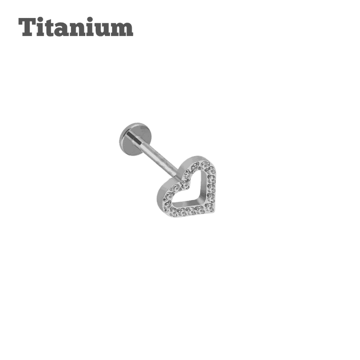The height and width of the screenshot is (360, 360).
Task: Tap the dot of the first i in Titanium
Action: [x=42, y=20]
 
